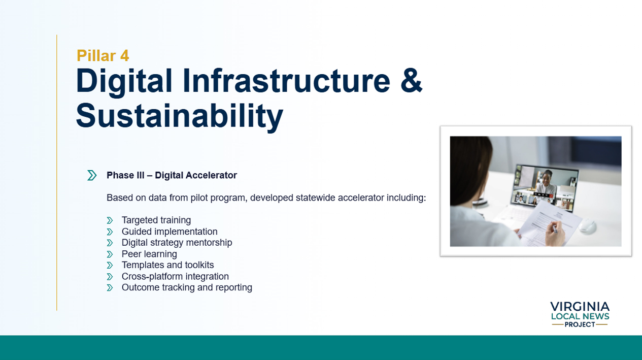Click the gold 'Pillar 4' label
tap(103, 55)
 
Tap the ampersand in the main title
tap(411, 81)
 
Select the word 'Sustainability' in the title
tap(179, 116)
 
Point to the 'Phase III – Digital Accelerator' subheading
tap(172, 175)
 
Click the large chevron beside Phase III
tap(92, 175)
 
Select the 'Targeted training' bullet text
tap(156, 220)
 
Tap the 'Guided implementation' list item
tap(170, 232)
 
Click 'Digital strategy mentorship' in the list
tap(177, 243)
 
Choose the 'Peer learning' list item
tap(149, 254)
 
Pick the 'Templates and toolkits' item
tap(167, 265)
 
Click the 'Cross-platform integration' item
tap(175, 276)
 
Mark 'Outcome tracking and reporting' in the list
tap(187, 287)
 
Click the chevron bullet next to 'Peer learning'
tap(110, 254)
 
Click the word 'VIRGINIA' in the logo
tap(580, 307)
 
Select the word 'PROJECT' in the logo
tap(580, 324)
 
